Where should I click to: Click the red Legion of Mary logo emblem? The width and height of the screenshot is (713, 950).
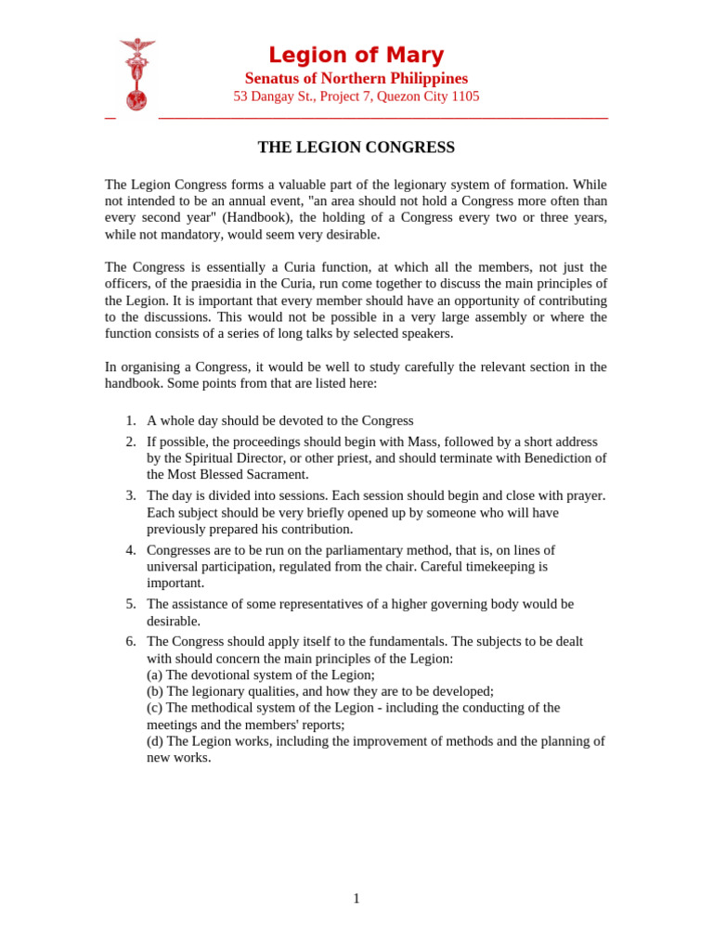pyautogui.click(x=136, y=74)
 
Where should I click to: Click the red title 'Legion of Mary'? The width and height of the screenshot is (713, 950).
pyautogui.click(x=356, y=55)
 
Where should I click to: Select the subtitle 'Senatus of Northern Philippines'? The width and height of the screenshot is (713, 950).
pyautogui.click(x=356, y=78)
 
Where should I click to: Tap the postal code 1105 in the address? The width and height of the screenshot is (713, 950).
pyautogui.click(x=465, y=96)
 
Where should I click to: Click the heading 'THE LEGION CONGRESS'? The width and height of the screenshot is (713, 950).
pyautogui.click(x=356, y=148)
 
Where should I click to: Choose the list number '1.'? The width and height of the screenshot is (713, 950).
pyautogui.click(x=131, y=421)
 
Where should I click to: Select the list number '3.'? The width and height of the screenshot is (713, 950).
pyautogui.click(x=131, y=496)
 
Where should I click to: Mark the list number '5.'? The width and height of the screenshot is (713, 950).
pyautogui.click(x=131, y=605)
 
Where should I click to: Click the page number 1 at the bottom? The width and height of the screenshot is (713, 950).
pyautogui.click(x=356, y=899)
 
